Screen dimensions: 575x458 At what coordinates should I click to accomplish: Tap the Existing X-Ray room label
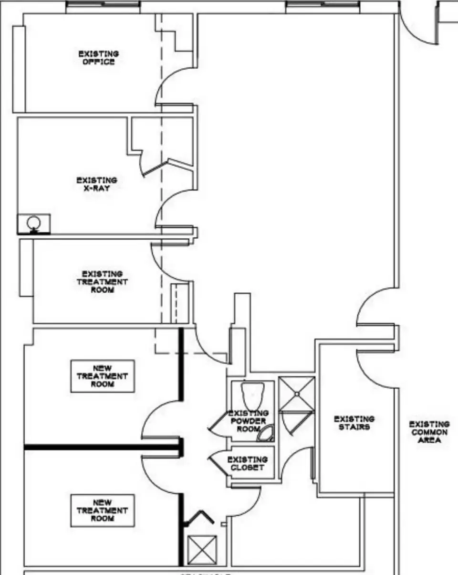96,184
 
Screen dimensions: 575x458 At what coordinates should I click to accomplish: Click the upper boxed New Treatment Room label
103,376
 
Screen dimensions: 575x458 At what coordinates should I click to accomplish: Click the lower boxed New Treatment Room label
103,511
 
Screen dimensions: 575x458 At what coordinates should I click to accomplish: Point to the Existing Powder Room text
248,421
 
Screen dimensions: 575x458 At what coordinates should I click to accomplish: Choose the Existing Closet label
248,463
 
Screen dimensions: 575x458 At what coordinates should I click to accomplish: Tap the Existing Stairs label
354,423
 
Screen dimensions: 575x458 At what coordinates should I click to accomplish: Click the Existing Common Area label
429,432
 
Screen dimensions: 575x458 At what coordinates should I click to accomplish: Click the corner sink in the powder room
266,434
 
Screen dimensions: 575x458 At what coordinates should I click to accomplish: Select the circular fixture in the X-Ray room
33,223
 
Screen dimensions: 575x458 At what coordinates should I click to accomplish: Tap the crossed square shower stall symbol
297,394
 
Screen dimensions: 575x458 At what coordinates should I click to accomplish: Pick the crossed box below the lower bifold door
202,550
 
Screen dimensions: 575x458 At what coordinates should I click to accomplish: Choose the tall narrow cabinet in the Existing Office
19,69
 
